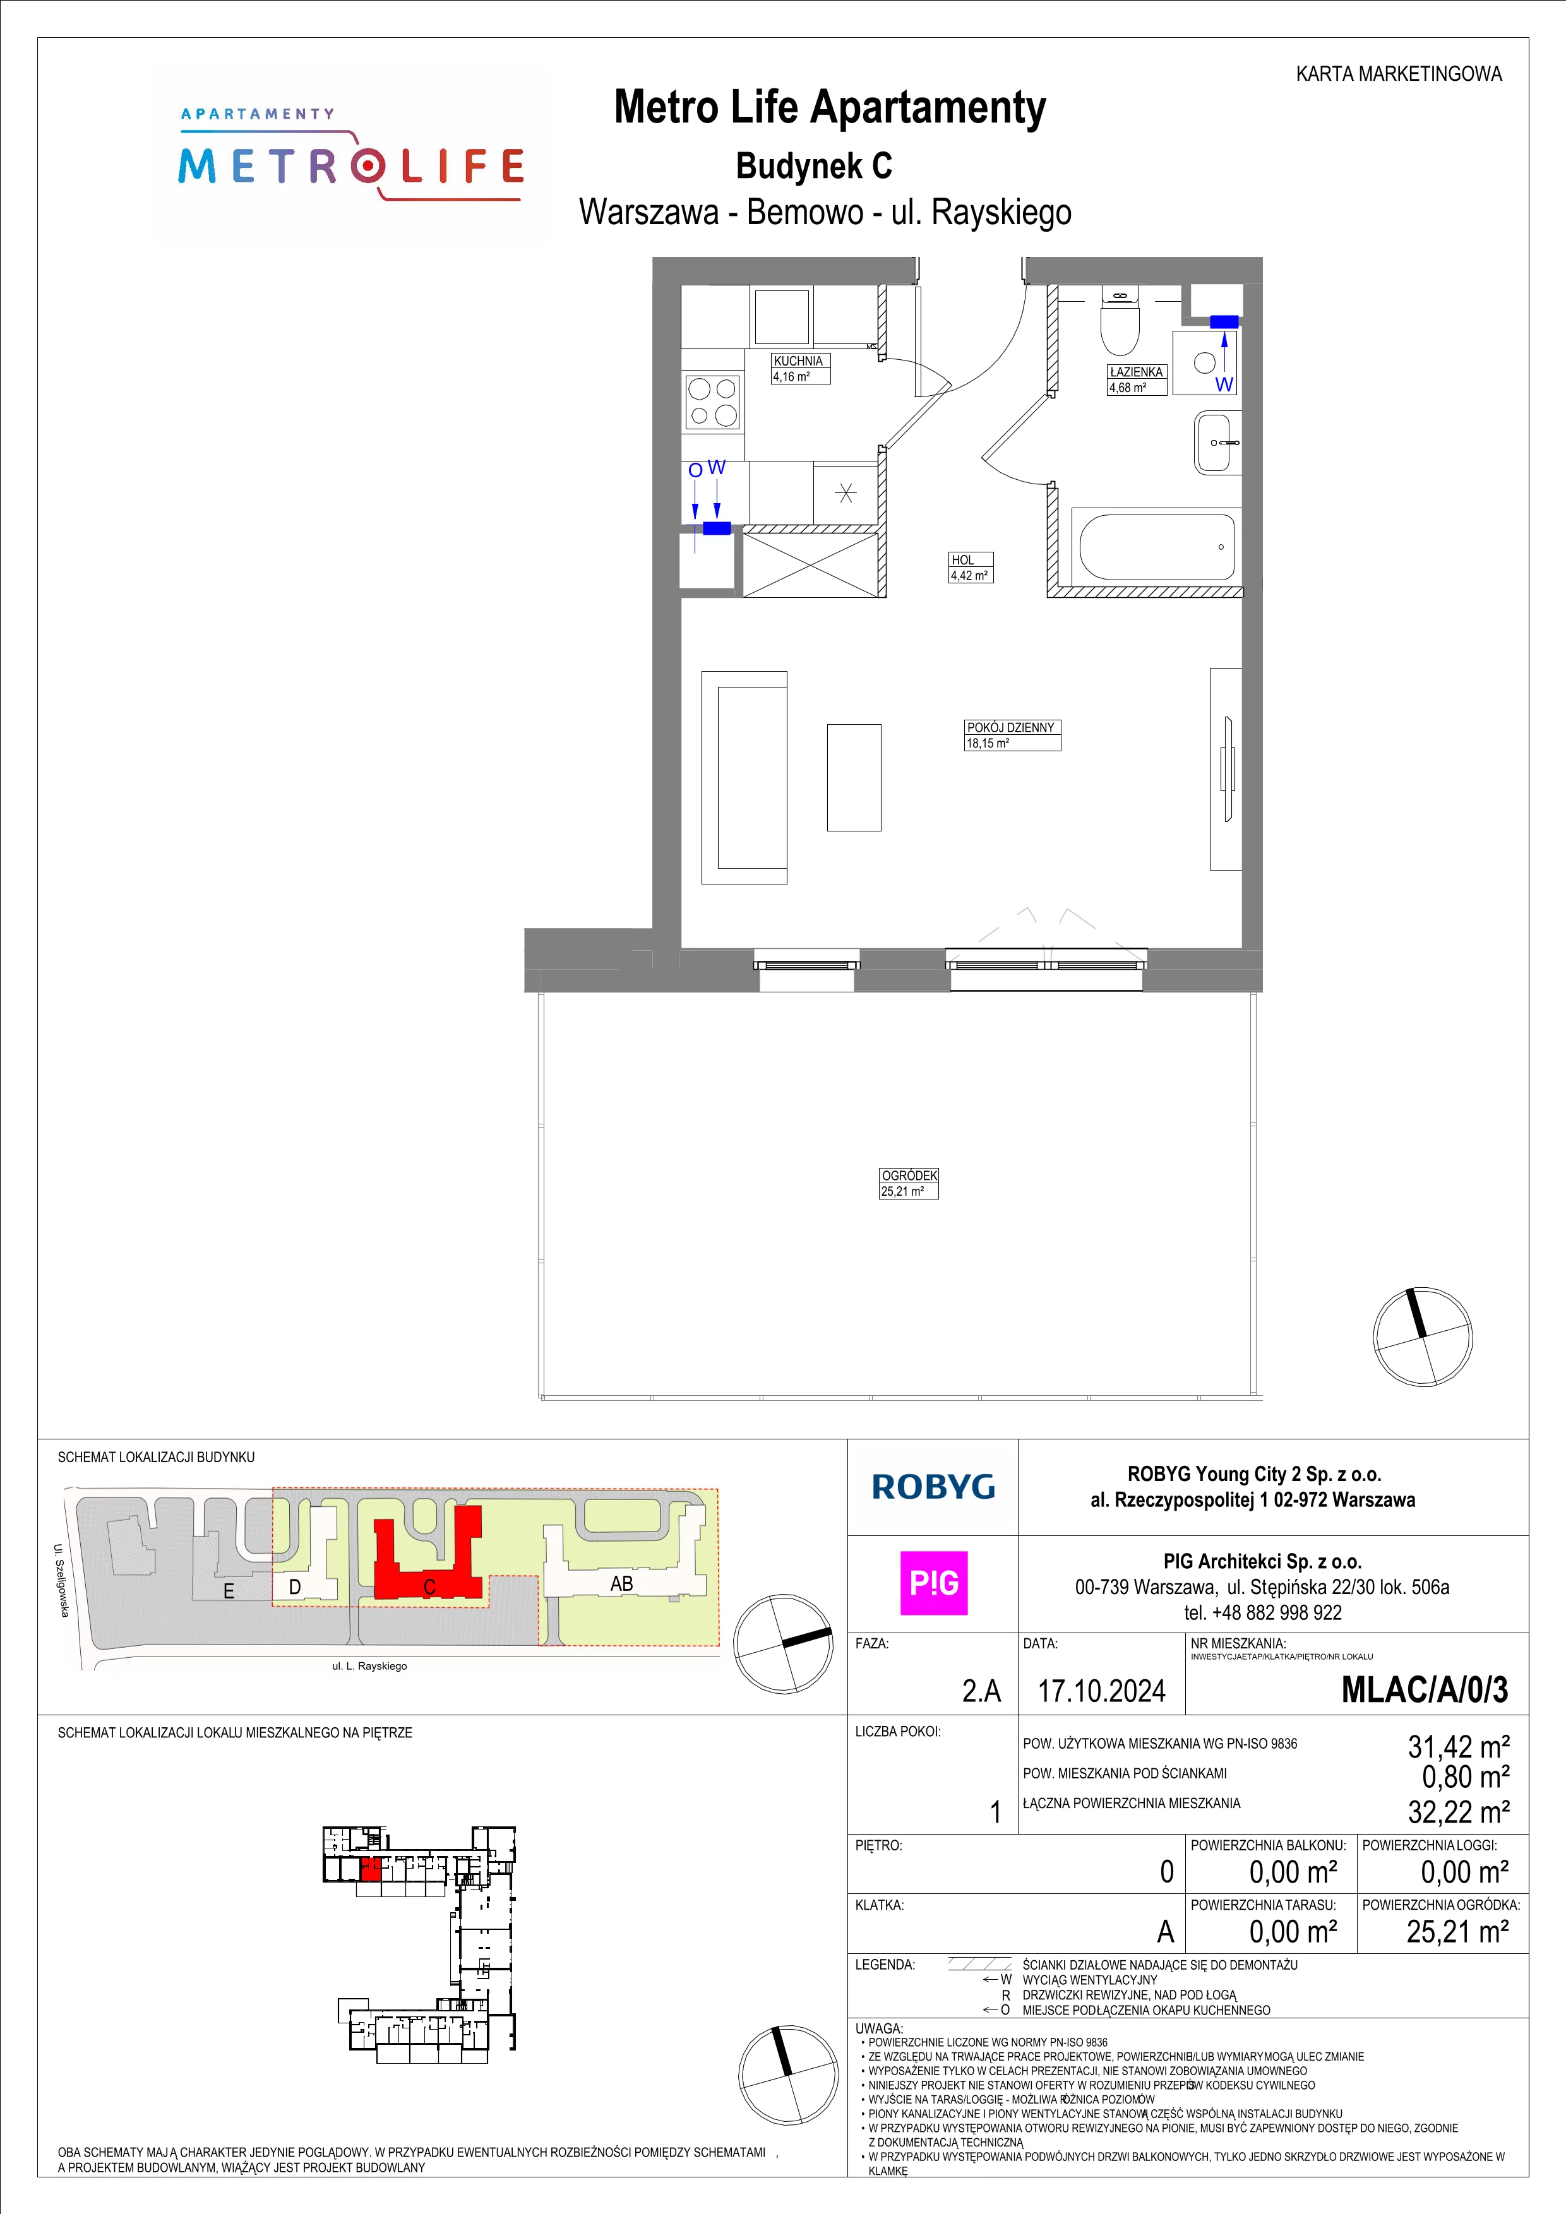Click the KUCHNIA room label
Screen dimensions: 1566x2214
(x=798, y=360)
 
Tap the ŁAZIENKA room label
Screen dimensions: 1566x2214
(x=1137, y=371)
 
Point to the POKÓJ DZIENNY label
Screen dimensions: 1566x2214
(x=1010, y=727)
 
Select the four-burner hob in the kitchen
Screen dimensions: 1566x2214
(x=713, y=402)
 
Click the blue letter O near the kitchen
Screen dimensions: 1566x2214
(x=695, y=470)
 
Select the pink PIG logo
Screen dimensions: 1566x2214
(x=933, y=1583)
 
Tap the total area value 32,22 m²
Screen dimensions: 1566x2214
(x=1458, y=1811)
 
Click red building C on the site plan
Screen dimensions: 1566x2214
(x=428, y=1562)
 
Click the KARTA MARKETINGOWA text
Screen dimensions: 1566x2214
(x=1398, y=73)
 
